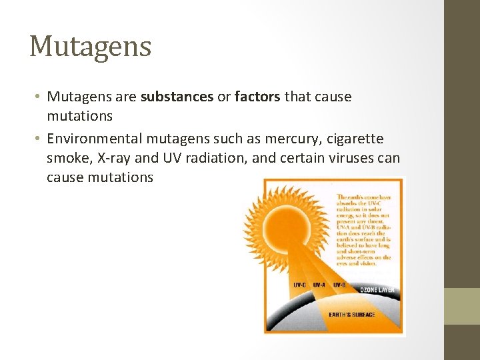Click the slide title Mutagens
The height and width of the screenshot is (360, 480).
click(91, 46)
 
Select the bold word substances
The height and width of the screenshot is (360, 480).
click(176, 97)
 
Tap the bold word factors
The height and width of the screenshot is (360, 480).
click(258, 97)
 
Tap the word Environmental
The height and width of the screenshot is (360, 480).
click(93, 138)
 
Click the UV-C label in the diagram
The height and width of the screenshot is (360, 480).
click(300, 285)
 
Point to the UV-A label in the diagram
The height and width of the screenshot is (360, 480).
click(319, 285)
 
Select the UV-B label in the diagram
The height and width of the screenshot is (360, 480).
click(339, 285)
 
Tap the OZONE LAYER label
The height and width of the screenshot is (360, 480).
click(377, 290)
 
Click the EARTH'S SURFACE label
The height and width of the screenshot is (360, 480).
click(351, 315)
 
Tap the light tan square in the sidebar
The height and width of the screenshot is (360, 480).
click(462, 306)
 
